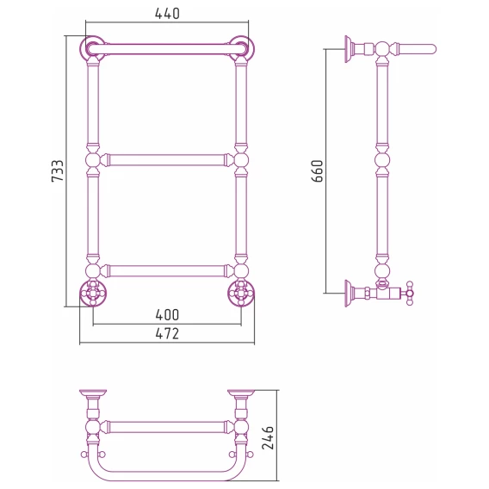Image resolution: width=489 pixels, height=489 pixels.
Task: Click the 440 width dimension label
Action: pos(167,14)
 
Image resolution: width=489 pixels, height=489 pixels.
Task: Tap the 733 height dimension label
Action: pos(58,171)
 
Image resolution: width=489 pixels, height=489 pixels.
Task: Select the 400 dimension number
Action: pos(167,315)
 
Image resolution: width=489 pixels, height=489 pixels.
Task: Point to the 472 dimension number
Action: pos(167,334)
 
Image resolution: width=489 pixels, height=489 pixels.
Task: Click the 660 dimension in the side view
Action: pos(318,171)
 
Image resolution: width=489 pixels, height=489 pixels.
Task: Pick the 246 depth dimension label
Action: pos(268,437)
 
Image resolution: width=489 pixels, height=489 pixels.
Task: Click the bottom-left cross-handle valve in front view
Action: pos(93,294)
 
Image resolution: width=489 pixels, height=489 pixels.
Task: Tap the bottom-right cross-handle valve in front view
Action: pos(241,294)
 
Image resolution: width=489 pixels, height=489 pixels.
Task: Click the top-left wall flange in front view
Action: pos(93,48)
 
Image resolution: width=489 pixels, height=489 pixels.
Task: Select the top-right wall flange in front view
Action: pos(241,48)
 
